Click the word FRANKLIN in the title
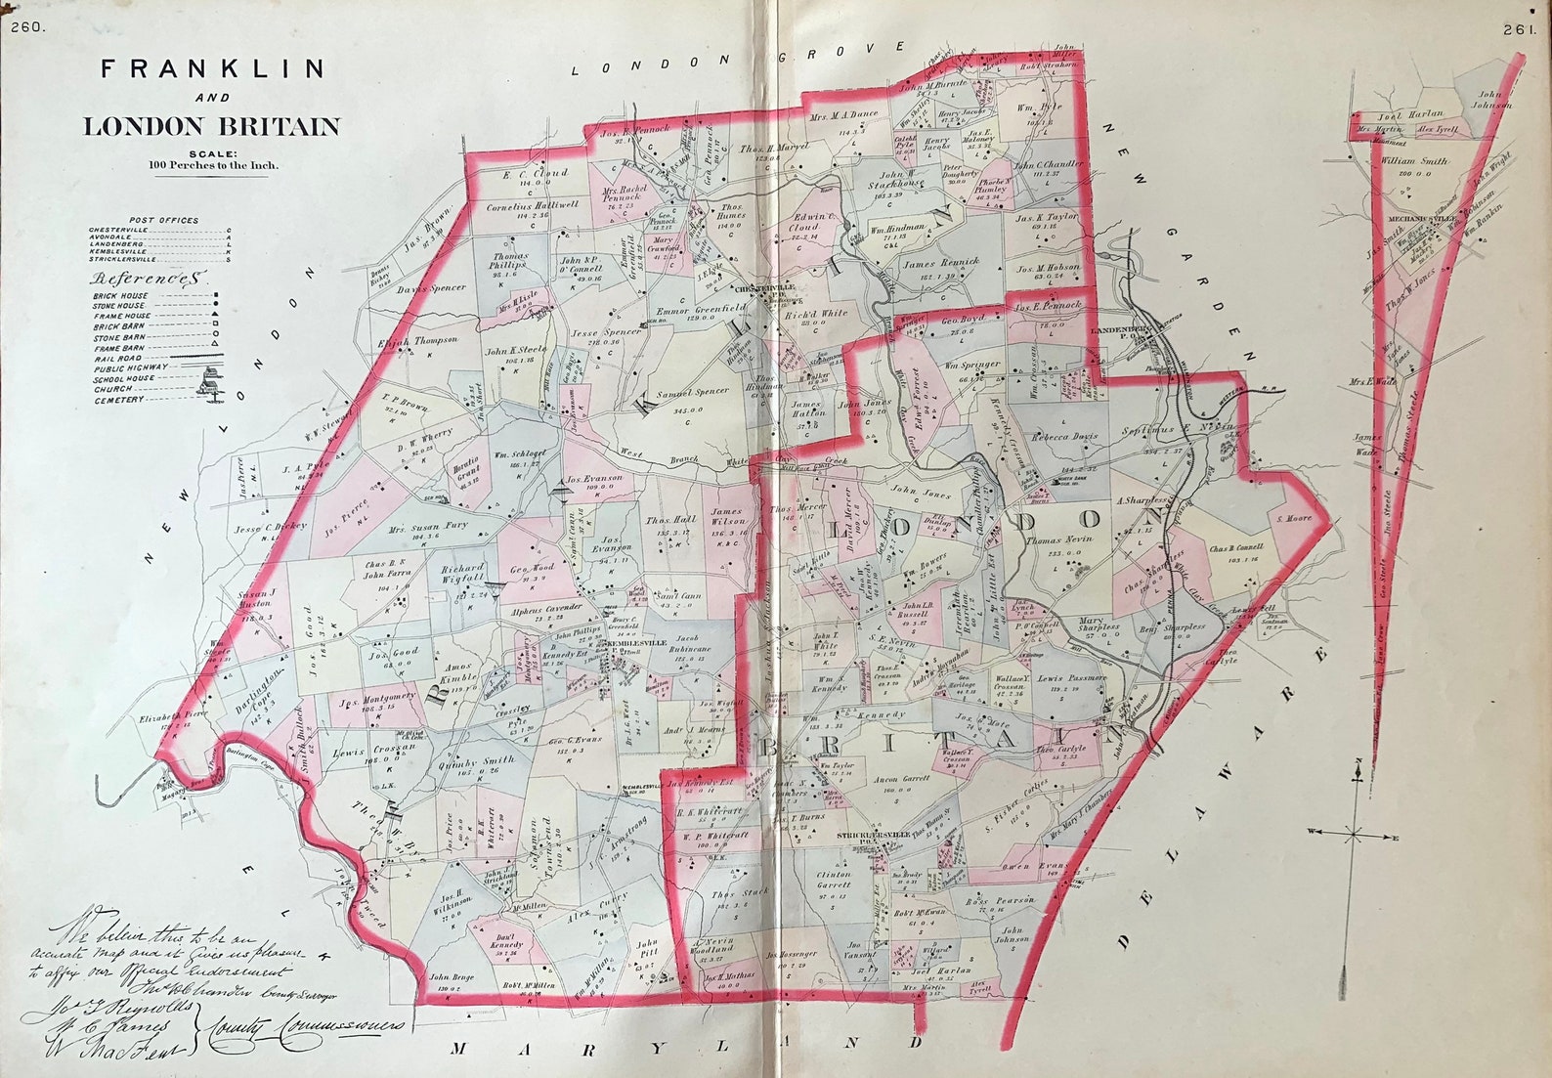click(213, 68)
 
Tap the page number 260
click(27, 27)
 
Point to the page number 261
click(1521, 29)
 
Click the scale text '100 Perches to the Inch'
click(213, 165)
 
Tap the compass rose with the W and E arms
click(1355, 835)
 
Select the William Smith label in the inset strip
click(1414, 161)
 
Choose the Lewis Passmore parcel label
click(1072, 677)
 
